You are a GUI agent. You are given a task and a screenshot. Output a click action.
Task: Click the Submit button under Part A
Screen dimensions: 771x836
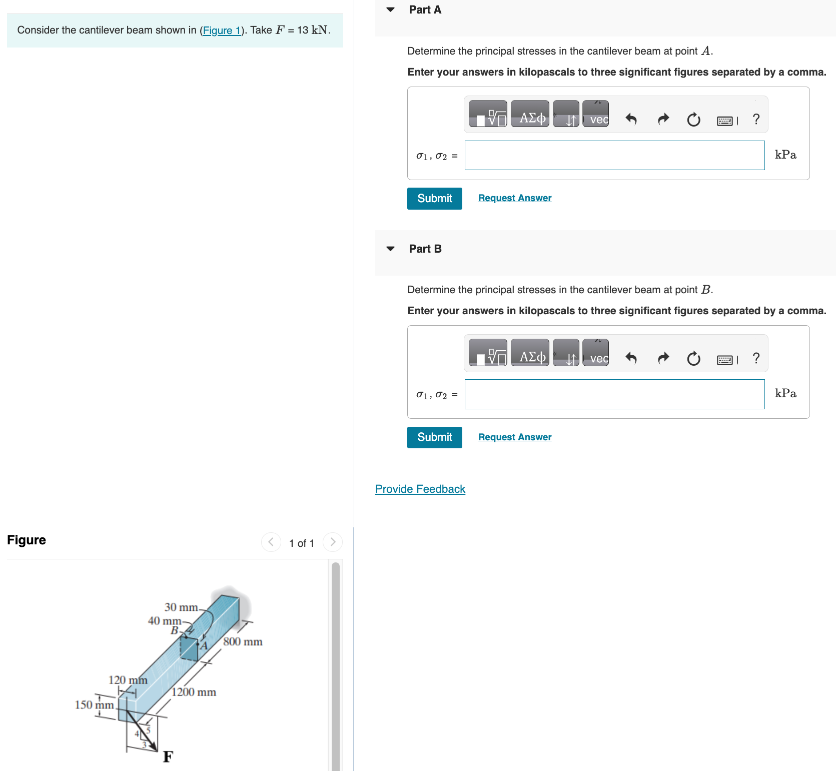pos(434,199)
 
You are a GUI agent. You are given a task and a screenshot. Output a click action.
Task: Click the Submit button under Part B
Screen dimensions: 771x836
pos(434,437)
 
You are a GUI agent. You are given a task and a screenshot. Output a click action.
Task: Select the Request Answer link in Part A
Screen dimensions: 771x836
pos(514,198)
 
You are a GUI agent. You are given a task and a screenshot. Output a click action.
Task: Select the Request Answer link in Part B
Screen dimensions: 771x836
pos(514,437)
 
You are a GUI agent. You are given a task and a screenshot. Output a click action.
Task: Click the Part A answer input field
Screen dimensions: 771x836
pos(614,156)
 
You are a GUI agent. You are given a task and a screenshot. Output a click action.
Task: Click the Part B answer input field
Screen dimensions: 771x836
pos(614,394)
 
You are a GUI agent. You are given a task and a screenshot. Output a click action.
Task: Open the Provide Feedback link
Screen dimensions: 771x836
pos(420,489)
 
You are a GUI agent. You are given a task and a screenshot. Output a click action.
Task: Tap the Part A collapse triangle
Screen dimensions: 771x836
pos(391,10)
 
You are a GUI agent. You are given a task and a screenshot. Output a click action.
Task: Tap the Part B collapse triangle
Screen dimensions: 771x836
pos(391,249)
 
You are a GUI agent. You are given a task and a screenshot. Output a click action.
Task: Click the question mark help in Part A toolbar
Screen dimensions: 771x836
pos(755,119)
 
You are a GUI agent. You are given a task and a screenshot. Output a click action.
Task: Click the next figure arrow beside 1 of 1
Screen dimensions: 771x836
pos(332,542)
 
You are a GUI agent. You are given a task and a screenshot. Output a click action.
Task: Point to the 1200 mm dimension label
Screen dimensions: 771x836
pos(194,692)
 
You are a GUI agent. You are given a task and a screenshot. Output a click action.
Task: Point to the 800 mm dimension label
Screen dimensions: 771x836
pos(243,642)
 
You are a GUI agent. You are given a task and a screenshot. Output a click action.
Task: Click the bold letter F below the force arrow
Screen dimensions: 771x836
pos(168,756)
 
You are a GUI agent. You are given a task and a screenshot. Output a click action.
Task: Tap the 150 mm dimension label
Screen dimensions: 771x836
pos(94,705)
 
